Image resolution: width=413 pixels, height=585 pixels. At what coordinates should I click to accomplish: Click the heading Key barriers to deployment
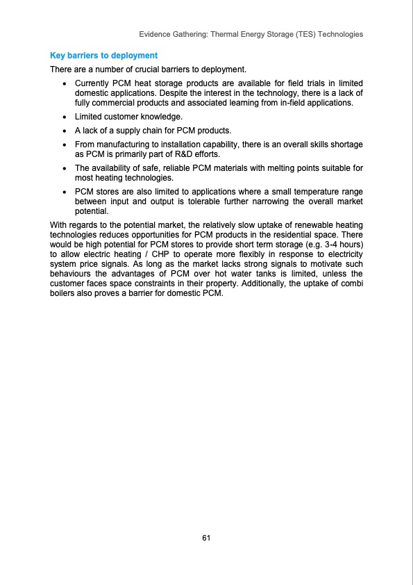[103, 55]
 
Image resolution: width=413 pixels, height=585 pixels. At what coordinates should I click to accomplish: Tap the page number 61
[206, 538]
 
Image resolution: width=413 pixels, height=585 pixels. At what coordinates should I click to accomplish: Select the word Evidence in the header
[156, 34]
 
